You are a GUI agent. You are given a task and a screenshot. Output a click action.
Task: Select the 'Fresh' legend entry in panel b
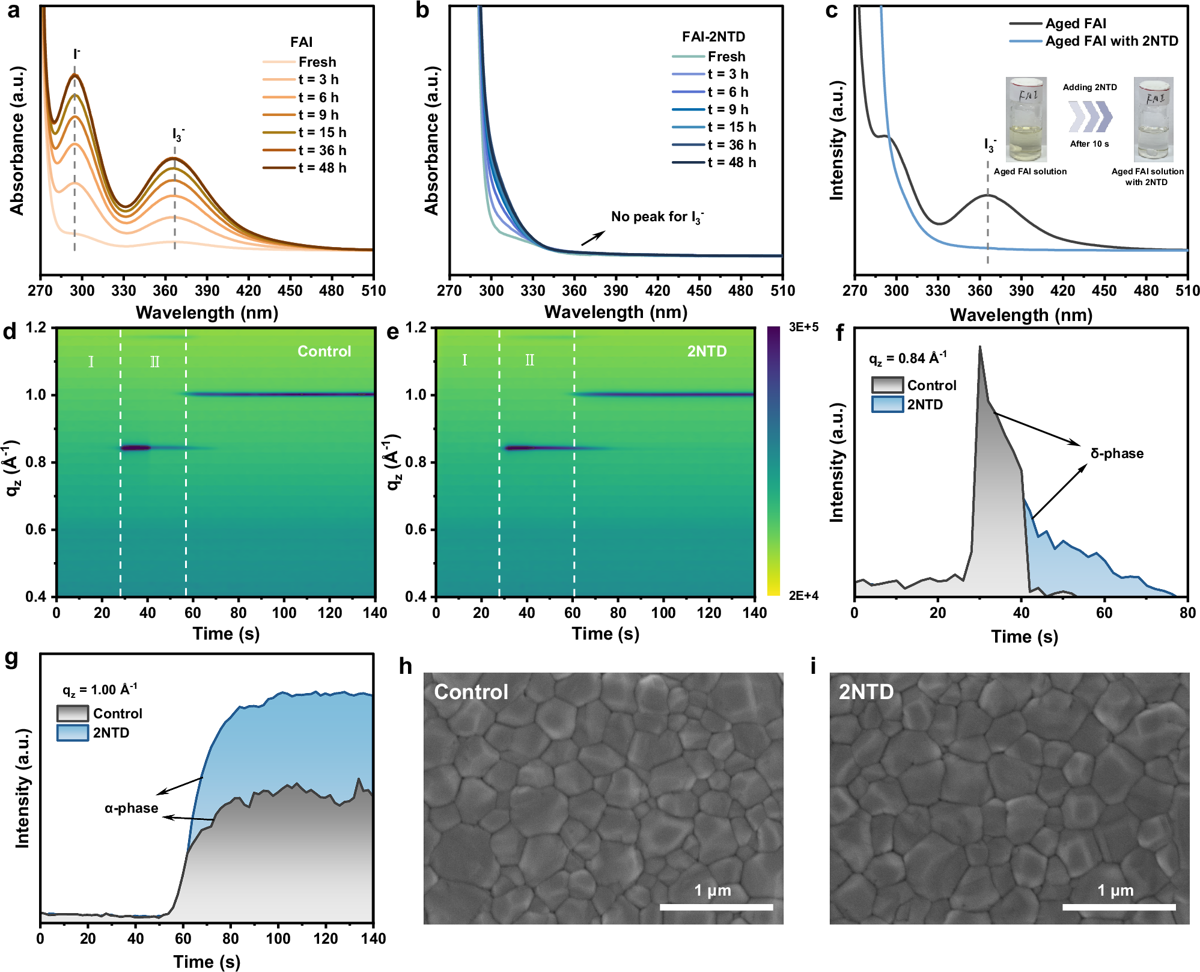726,57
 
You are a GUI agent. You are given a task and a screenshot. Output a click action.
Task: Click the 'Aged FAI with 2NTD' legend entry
1111,41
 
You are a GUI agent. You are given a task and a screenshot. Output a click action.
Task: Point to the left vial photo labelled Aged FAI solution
1026,120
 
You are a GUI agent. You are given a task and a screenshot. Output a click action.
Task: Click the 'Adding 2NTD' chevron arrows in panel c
1089,117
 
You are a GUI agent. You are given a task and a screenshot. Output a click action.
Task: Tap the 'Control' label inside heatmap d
324,351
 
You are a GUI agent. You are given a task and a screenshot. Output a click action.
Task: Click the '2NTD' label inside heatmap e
707,351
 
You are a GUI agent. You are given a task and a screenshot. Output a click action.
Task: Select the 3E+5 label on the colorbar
803,327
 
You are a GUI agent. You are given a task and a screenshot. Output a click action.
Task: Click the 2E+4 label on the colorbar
803,596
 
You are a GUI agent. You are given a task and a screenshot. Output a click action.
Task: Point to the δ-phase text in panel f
1116,453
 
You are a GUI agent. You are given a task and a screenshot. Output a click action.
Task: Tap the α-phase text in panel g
131,808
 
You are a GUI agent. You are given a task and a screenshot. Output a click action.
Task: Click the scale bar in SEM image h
716,906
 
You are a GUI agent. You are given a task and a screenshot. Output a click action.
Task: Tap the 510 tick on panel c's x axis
1187,291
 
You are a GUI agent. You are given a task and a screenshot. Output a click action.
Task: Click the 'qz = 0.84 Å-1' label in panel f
907,358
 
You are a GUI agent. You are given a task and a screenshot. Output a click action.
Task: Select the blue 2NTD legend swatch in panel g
73,733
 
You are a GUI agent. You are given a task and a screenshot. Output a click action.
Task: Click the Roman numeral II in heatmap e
529,360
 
